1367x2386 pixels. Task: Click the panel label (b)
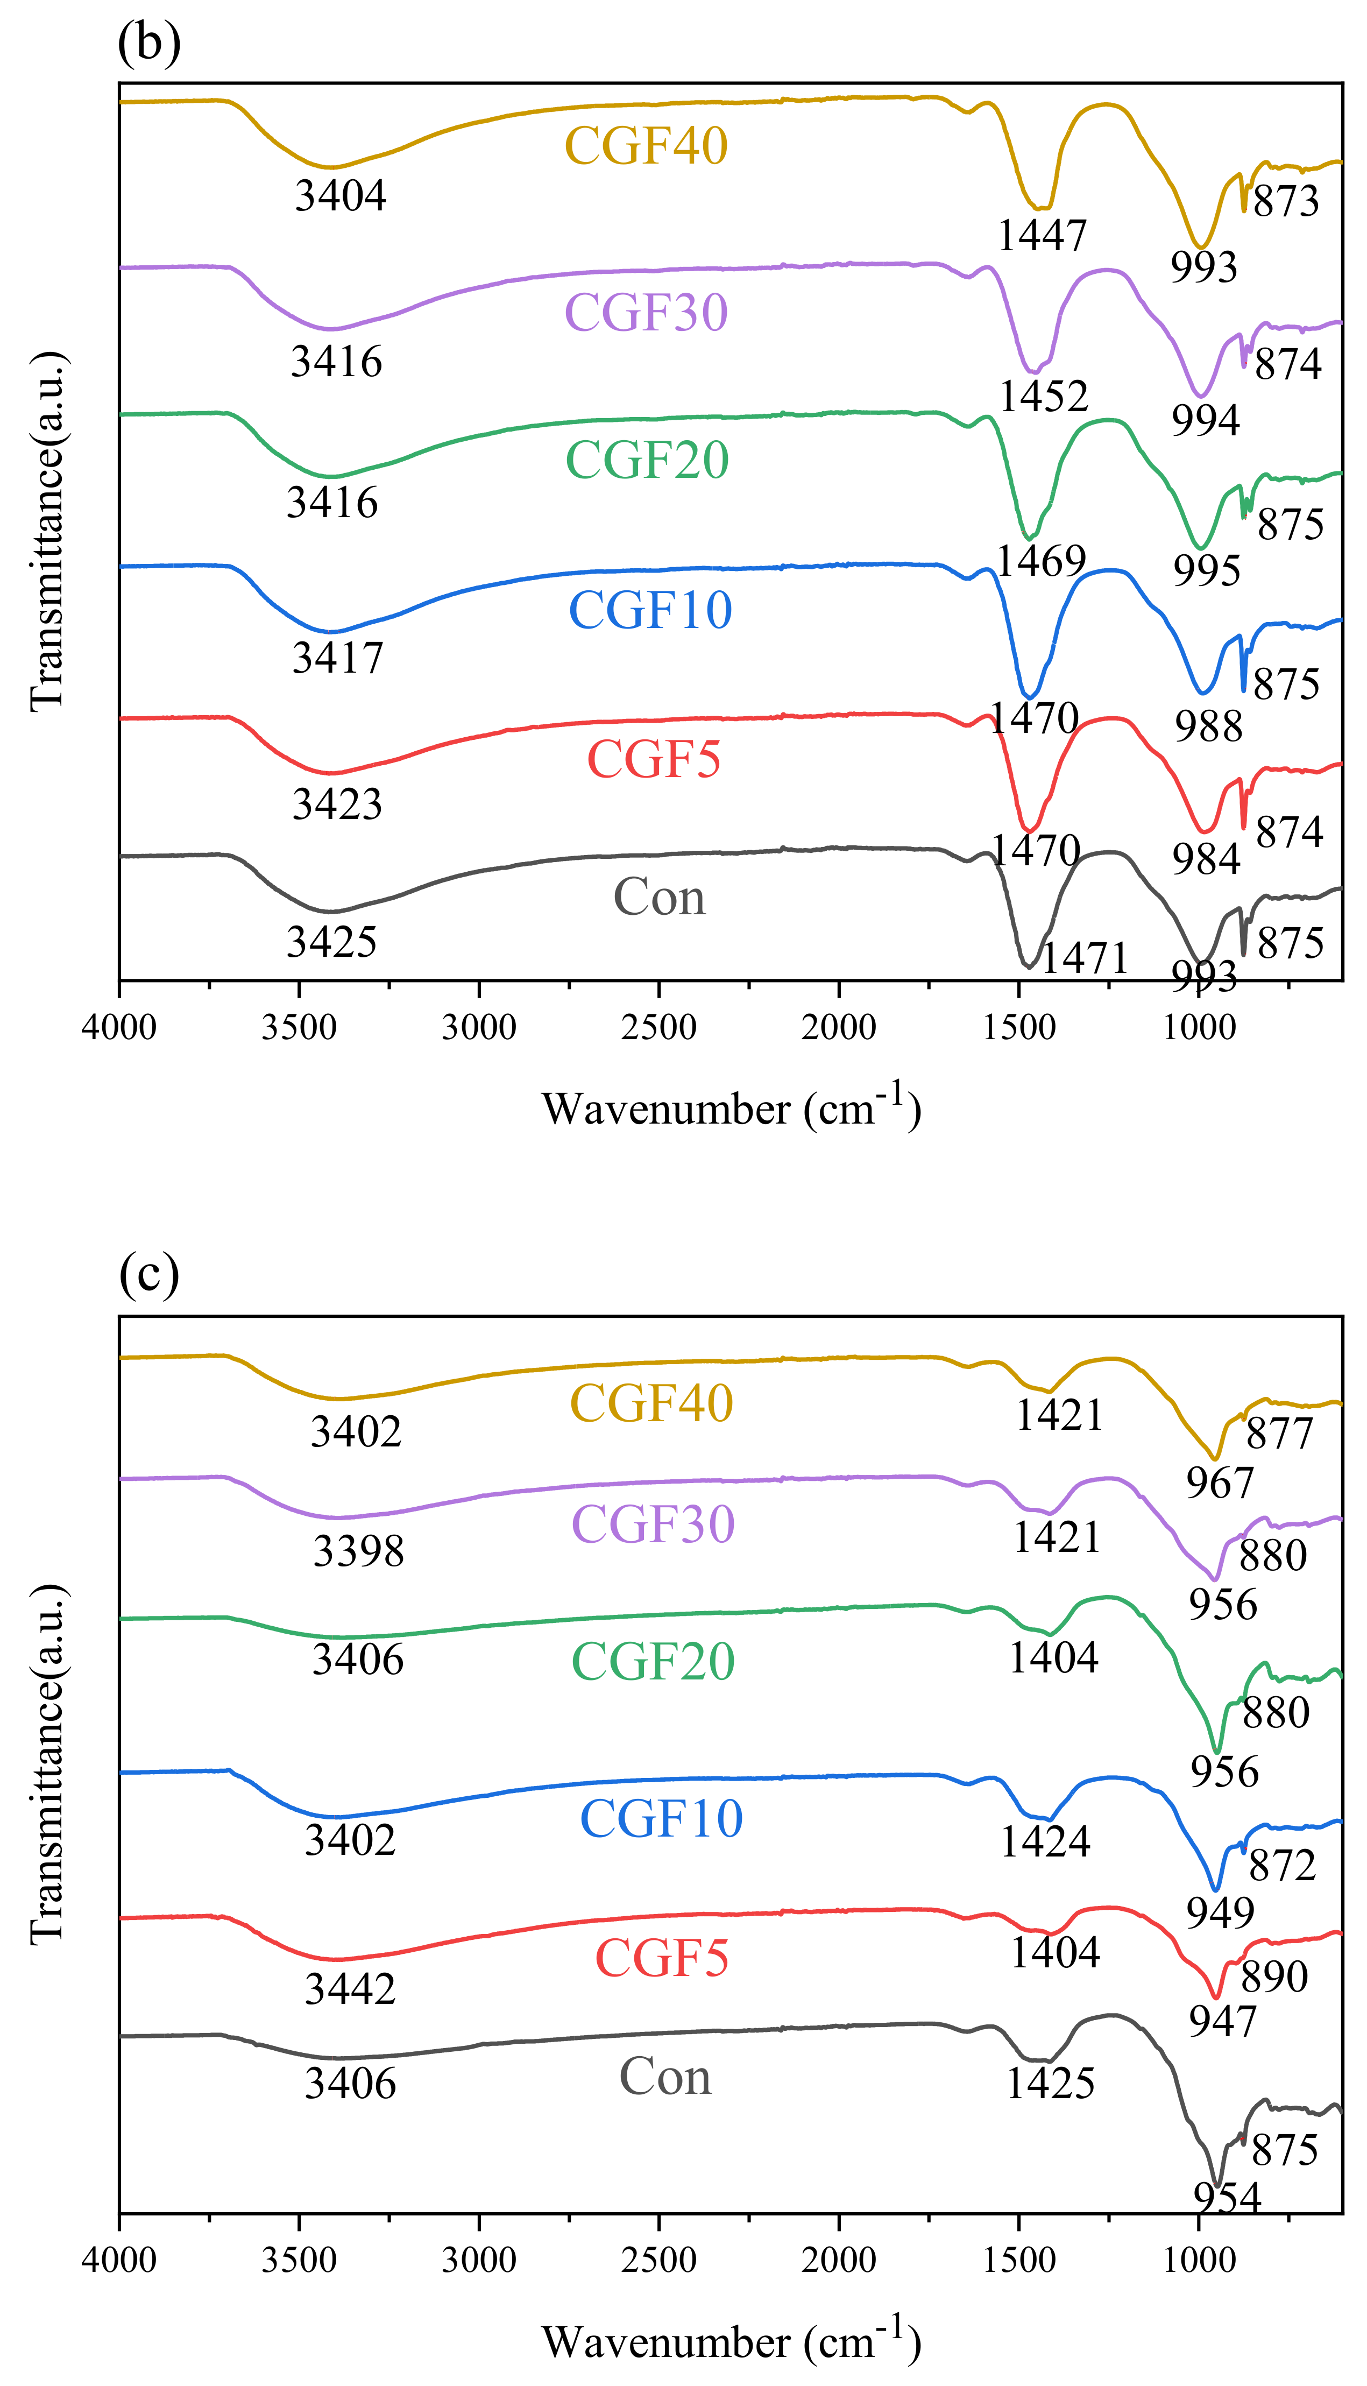tap(148, 43)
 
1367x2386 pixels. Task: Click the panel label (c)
tap(148, 1274)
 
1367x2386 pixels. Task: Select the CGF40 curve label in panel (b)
tap(646, 145)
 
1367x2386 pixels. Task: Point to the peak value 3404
tap(340, 195)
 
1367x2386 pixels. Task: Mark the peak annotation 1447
tap(1041, 235)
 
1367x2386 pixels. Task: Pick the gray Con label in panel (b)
tap(659, 898)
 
